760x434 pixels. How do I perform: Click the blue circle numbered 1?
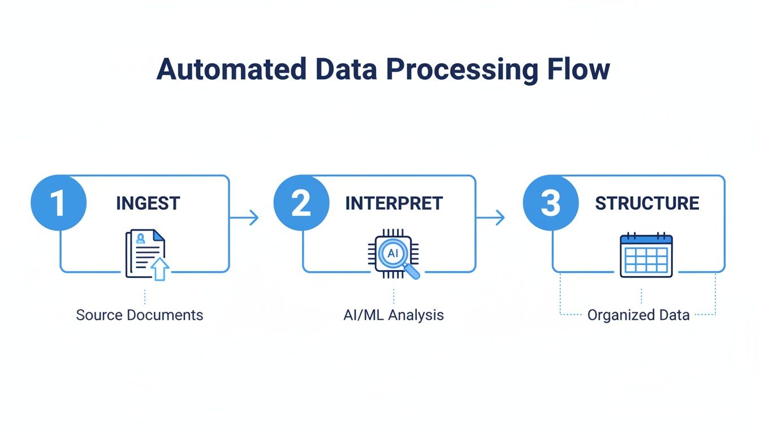pos(58,203)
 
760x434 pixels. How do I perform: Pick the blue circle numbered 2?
pos(301,203)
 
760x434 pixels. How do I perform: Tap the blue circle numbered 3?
pos(551,203)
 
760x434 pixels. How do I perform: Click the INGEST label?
pos(148,203)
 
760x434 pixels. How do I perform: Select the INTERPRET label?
pos(394,203)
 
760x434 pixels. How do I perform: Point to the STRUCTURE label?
pos(647,203)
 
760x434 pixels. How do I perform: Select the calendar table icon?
pos(646,255)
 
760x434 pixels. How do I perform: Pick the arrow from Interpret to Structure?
pos(491,217)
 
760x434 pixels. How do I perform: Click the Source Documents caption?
pos(139,315)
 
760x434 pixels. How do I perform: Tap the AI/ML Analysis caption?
pos(394,315)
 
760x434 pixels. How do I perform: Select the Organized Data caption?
pos(638,315)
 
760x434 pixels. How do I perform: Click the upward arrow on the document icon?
pos(160,269)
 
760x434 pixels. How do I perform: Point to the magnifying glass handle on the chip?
pos(413,272)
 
